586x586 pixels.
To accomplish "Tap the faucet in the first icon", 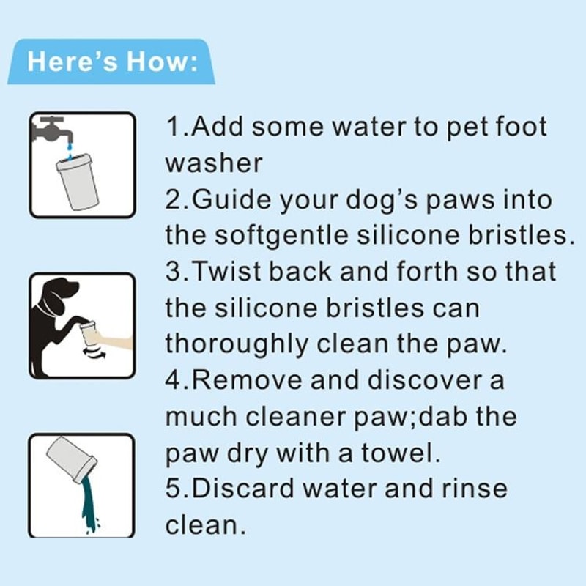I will click(53, 130).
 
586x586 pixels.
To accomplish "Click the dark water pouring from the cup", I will click(90, 505).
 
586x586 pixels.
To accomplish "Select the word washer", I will click(213, 163).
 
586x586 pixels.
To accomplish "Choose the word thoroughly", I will click(234, 344).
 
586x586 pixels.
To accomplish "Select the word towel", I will click(404, 453).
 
